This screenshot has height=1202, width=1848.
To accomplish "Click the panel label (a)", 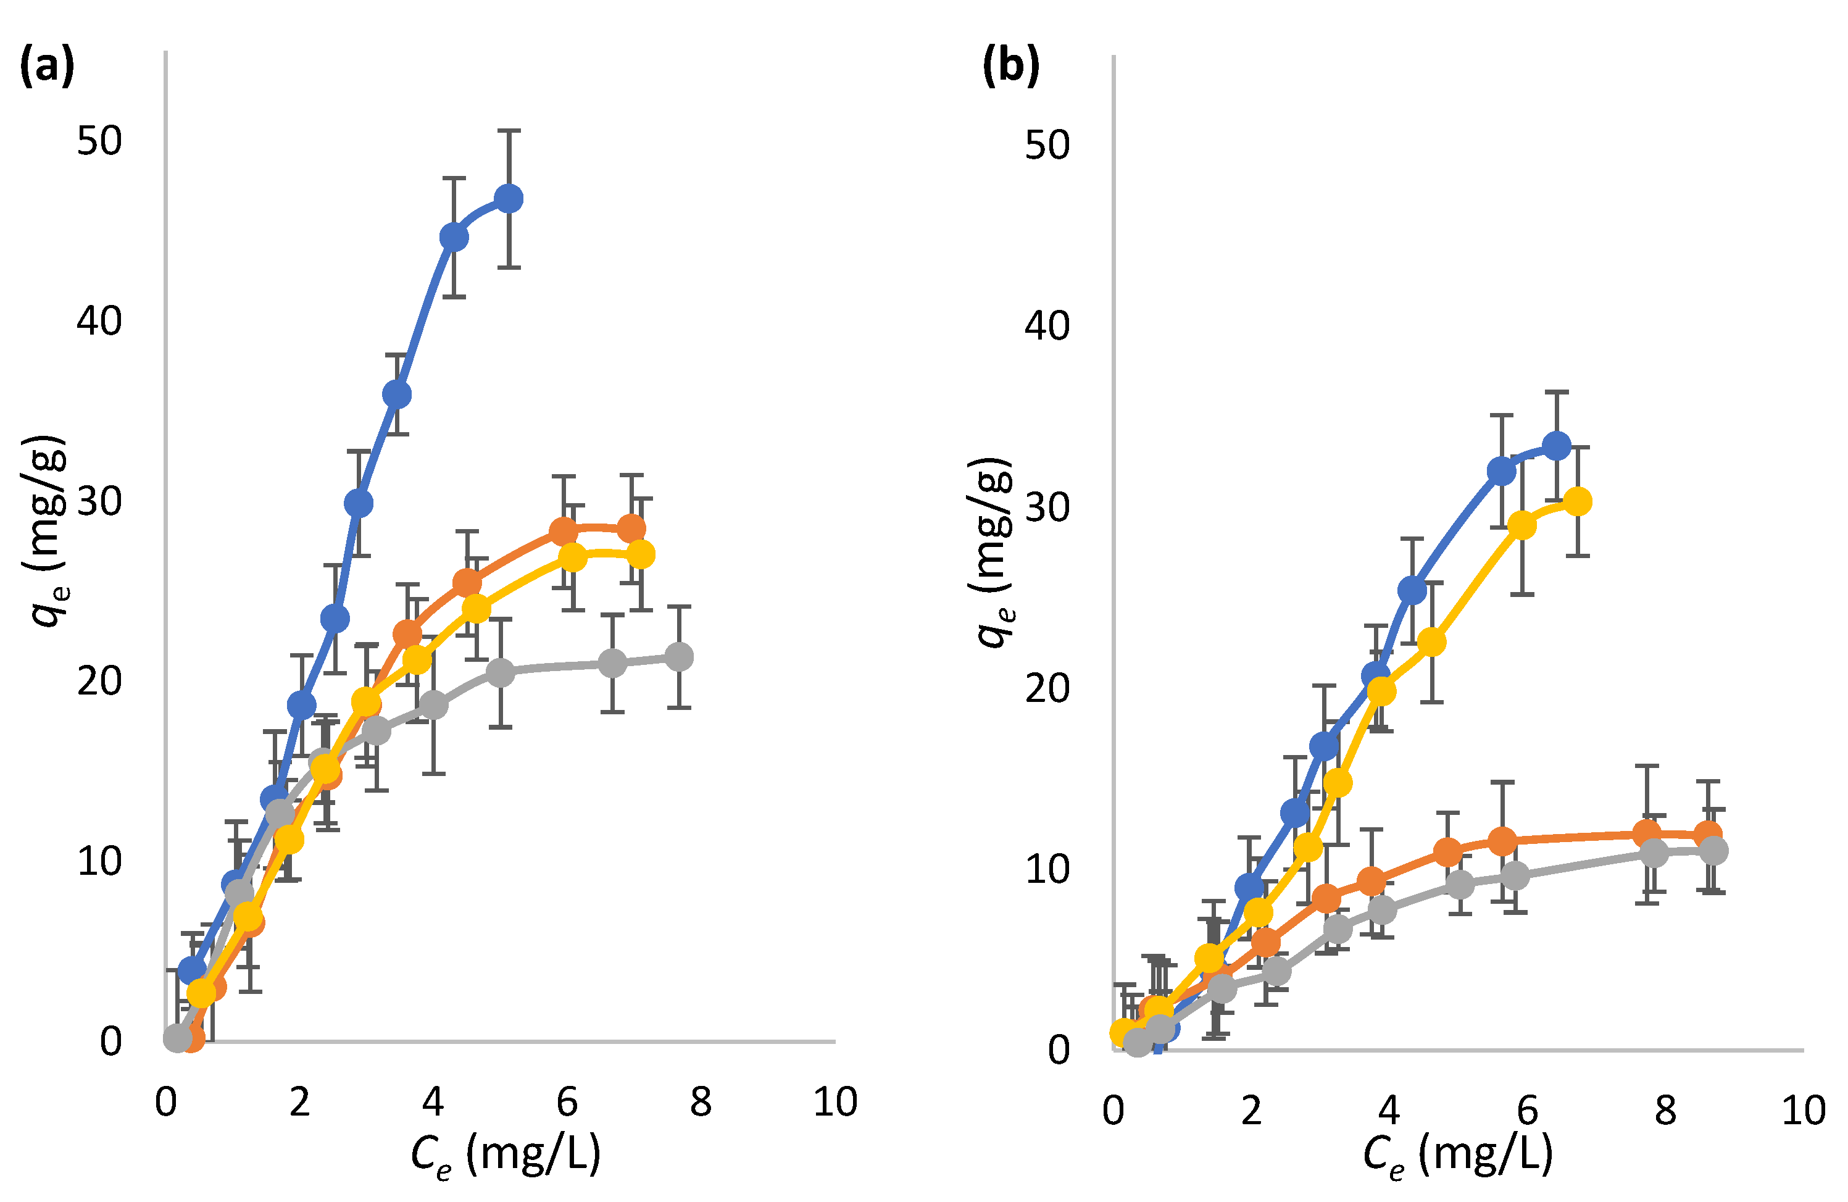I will (x=46, y=66).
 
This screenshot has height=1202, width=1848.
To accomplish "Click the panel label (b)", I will (x=1010, y=66).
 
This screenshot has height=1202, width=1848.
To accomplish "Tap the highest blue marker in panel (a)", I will (x=509, y=199).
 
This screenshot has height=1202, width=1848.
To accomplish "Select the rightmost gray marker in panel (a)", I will (x=678, y=657).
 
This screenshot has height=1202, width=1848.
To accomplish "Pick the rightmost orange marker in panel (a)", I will (x=631, y=529).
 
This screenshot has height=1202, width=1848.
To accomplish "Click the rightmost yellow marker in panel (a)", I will (x=640, y=554).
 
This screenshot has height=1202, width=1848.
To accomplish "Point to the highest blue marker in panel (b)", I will (x=1556, y=446).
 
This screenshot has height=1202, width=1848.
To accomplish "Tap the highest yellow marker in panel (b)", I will (x=1577, y=502).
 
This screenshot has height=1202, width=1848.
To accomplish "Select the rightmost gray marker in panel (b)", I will (x=1713, y=850).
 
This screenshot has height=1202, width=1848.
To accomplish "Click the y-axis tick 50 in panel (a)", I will (x=99, y=141).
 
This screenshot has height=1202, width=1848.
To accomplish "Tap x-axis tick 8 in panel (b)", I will (x=1665, y=1111).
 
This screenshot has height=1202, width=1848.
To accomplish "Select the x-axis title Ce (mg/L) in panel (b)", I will (x=1457, y=1154).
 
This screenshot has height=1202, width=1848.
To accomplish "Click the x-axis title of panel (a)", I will (x=506, y=1154).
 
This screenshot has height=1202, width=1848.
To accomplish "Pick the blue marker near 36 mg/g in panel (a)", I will (x=397, y=394).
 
